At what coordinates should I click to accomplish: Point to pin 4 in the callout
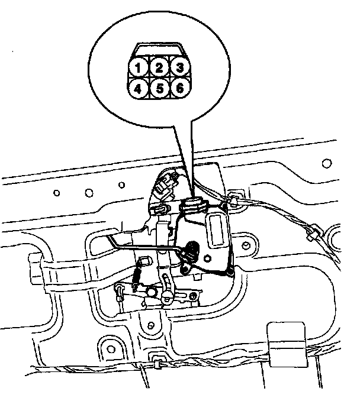point(138,89)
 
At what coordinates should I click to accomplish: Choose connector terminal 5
point(159,89)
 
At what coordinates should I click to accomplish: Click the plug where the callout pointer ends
point(194,205)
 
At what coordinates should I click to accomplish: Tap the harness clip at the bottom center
point(159,360)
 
